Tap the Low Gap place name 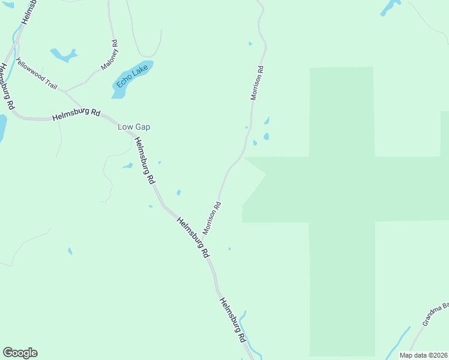[x=133, y=127]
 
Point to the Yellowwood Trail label [x=37, y=74]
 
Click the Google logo [x=20, y=353]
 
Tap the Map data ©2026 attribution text [x=424, y=355]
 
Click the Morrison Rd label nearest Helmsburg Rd [x=212, y=218]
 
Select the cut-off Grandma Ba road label [x=435, y=314]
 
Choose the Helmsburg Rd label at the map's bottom [x=233, y=320]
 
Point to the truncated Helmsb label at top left [x=28, y=12]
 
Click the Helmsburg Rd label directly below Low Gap [x=145, y=160]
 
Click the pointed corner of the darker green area [x=265, y=174]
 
